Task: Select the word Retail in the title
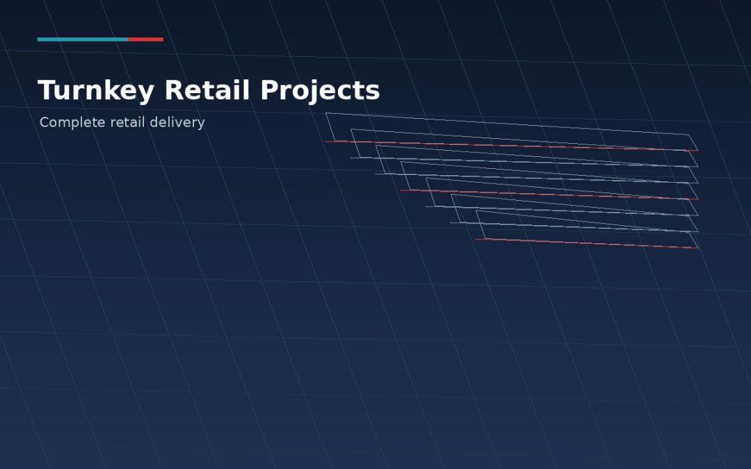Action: [x=207, y=90]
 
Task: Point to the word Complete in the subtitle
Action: [x=72, y=122]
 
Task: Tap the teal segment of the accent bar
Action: [x=83, y=39]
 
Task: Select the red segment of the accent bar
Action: [x=145, y=39]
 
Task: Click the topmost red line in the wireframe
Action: [x=512, y=146]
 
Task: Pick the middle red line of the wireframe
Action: [x=549, y=195]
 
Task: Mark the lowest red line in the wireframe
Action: [x=587, y=244]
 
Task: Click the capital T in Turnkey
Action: [x=47, y=90]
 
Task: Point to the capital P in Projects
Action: [x=270, y=90]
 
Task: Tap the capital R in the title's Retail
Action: [x=174, y=90]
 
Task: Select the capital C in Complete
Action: [x=45, y=122]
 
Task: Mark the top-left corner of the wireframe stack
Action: [x=325, y=113]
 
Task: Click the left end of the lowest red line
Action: [x=476, y=239]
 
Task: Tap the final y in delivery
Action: [x=201, y=124]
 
